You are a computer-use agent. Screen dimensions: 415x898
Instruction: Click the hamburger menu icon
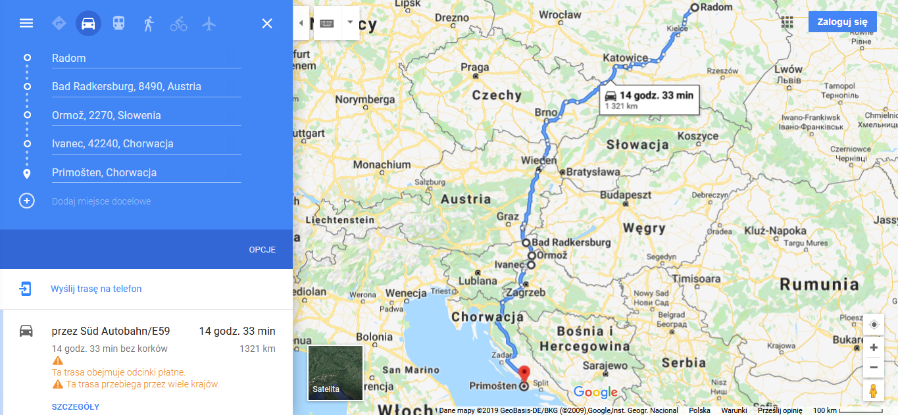click(x=26, y=24)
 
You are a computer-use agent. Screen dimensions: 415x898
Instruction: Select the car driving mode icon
click(x=88, y=24)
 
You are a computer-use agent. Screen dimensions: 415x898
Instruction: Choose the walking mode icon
click(x=149, y=24)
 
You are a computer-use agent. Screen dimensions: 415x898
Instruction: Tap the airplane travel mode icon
click(x=209, y=24)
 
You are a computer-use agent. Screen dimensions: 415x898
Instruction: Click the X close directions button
click(x=267, y=24)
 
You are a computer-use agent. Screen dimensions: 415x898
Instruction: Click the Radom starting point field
click(x=146, y=58)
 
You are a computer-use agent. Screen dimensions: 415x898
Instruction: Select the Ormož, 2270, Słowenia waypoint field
click(x=146, y=115)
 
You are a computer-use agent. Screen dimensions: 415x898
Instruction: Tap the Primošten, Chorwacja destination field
click(x=146, y=172)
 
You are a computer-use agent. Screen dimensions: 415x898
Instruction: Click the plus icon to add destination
click(x=26, y=201)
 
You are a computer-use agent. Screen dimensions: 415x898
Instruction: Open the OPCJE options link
click(x=262, y=250)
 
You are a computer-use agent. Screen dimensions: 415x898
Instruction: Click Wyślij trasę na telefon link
click(x=96, y=289)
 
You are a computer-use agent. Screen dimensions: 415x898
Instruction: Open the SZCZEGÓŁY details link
click(x=76, y=407)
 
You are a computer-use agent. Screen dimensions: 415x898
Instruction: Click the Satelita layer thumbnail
click(x=336, y=373)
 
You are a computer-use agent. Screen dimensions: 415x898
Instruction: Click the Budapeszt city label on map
click(x=625, y=195)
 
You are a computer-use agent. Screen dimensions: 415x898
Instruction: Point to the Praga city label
click(x=475, y=67)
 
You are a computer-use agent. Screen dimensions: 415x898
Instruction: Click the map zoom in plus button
click(x=874, y=347)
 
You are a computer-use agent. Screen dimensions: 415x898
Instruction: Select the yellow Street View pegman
click(x=874, y=390)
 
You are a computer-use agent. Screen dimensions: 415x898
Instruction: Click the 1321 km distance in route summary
click(x=257, y=349)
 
